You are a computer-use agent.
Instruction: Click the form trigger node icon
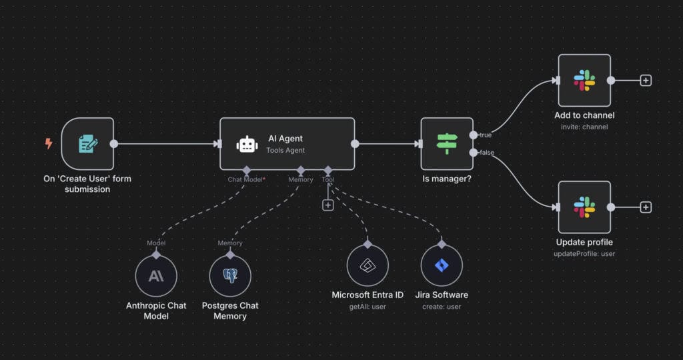pyautogui.click(x=87, y=143)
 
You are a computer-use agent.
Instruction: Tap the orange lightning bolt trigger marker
pyautogui.click(x=49, y=143)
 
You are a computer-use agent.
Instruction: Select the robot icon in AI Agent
pyautogui.click(x=247, y=144)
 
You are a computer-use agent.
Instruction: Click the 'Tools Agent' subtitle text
pyautogui.click(x=285, y=151)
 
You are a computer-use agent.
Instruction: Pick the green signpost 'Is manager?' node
pyautogui.click(x=446, y=143)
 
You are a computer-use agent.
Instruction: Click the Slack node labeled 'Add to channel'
pyautogui.click(x=584, y=80)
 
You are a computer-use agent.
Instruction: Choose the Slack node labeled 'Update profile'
pyautogui.click(x=584, y=207)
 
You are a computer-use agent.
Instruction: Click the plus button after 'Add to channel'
pyautogui.click(x=646, y=80)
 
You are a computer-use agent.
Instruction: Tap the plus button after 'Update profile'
pyautogui.click(x=646, y=207)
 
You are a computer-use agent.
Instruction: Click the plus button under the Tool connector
pyautogui.click(x=327, y=205)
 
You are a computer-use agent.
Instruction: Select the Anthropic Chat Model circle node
pyautogui.click(x=156, y=276)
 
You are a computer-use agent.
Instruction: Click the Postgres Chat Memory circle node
pyautogui.click(x=230, y=276)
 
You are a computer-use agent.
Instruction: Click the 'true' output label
pyautogui.click(x=486, y=135)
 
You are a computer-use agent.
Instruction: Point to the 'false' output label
pyautogui.click(x=487, y=153)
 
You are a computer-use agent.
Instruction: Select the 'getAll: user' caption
pyautogui.click(x=368, y=307)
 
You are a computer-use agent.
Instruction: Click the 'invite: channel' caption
pyautogui.click(x=584, y=127)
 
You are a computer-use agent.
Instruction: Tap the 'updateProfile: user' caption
pyautogui.click(x=584, y=253)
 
